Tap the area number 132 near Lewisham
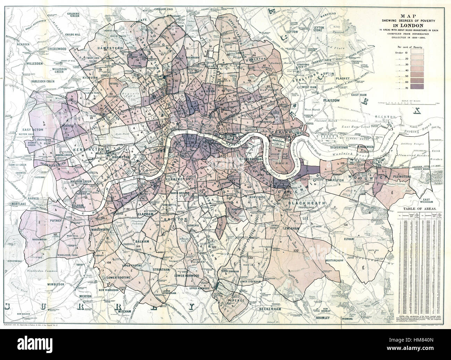click(x=296, y=250)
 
